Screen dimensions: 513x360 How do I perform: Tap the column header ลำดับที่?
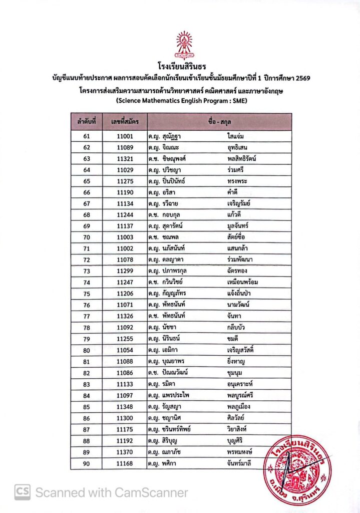(x=87, y=121)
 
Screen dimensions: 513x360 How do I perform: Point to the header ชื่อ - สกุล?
(x=219, y=121)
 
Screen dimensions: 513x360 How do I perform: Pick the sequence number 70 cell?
(x=87, y=236)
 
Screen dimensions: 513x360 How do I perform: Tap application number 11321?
(x=125, y=159)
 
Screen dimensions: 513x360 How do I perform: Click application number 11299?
(x=125, y=271)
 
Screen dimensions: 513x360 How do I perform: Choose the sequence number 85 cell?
(x=87, y=406)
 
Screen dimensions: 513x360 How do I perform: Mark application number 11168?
(x=125, y=463)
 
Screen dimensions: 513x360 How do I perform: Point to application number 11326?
(x=125, y=316)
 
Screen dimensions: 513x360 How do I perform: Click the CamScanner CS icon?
(x=22, y=492)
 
